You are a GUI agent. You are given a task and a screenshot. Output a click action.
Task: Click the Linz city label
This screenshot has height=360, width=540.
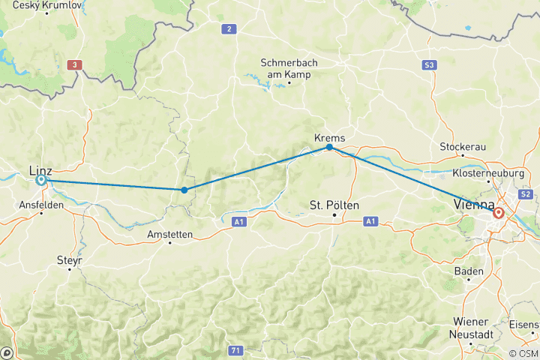[40, 170]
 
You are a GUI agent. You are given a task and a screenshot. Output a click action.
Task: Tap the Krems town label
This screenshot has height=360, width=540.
[330, 137]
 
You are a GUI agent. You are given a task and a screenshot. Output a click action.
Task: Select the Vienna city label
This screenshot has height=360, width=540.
[472, 205]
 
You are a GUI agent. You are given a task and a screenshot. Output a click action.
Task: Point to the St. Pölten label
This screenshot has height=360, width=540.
[334, 205]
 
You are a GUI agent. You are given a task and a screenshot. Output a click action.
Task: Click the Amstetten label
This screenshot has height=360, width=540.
[169, 235]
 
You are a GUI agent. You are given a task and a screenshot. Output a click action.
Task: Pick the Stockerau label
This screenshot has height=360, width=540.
[463, 145]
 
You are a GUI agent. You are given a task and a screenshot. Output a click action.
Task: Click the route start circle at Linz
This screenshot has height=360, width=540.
[40, 180]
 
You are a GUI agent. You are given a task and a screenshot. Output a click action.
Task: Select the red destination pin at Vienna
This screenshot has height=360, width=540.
[498, 214]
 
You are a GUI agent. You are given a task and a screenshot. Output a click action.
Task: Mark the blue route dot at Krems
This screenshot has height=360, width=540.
[330, 147]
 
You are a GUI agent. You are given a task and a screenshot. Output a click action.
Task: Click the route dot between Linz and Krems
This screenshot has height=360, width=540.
[184, 190]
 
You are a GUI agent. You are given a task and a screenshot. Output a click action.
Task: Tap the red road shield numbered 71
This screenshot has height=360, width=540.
[236, 350]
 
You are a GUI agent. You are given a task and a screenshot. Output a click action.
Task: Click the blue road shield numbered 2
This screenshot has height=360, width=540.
[227, 29]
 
